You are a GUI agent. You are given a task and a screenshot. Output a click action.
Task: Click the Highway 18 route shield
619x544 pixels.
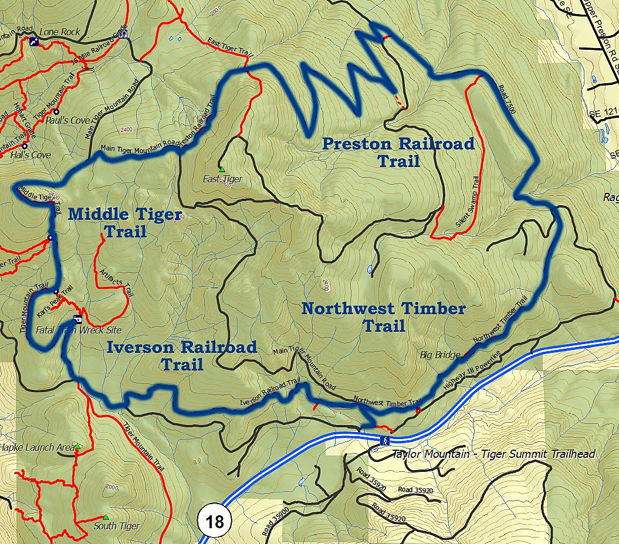[215, 521]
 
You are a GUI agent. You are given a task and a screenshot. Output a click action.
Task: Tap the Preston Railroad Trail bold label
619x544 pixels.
[398, 152]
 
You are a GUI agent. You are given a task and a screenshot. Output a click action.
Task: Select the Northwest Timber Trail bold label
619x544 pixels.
[384, 317]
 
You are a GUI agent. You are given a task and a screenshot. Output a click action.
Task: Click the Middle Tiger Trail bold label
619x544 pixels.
[124, 222]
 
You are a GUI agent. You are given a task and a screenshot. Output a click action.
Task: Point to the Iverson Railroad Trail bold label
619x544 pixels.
[182, 355]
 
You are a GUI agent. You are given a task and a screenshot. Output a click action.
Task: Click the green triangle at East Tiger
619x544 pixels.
[222, 169]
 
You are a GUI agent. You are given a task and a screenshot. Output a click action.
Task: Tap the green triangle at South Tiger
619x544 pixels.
[105, 517]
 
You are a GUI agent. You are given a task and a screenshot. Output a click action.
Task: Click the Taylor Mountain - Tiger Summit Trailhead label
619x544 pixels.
[493, 454]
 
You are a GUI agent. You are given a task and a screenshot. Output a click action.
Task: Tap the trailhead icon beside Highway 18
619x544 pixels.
[384, 440]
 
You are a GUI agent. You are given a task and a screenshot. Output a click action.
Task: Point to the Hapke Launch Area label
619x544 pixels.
[36, 447]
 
